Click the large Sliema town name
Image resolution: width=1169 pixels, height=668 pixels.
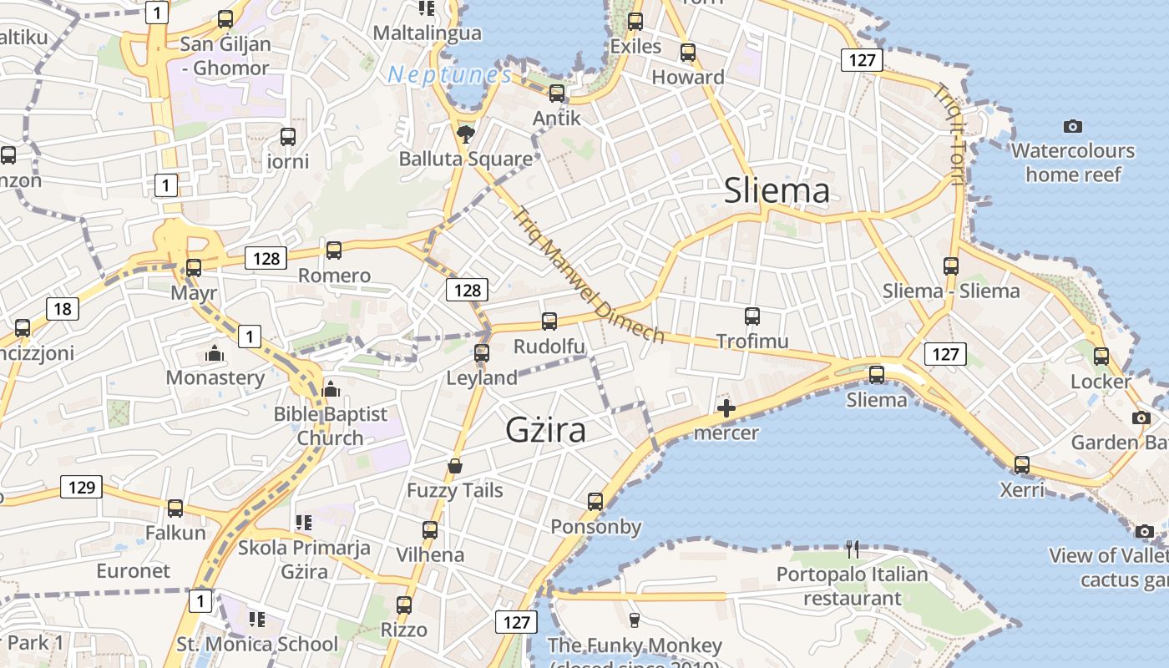point(777,190)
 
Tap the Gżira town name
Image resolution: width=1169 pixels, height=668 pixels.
point(545,429)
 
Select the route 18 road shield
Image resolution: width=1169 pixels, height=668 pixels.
point(63,309)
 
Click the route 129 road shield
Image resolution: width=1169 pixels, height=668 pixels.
point(82,486)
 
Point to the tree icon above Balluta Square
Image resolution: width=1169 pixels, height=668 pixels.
point(465,134)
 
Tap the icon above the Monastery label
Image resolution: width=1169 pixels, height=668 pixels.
point(215,354)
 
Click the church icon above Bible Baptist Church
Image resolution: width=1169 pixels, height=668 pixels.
point(331,389)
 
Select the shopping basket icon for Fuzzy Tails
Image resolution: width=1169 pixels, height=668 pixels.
point(455,466)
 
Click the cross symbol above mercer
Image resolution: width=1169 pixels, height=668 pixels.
point(726,408)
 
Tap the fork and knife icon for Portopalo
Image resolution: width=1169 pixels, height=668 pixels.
point(852,549)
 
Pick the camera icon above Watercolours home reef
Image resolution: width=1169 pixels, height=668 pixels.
point(1073,126)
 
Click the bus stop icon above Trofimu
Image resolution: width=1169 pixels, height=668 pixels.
point(751,316)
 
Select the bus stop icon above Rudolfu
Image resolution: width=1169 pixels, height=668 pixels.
point(549,321)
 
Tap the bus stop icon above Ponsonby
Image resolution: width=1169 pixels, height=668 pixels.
point(595,502)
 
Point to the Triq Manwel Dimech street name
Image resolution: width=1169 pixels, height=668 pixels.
point(590,275)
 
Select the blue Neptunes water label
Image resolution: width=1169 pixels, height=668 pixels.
point(449,75)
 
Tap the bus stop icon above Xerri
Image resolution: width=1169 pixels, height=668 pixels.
point(1021,465)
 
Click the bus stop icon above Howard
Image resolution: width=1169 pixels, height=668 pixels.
point(687,53)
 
